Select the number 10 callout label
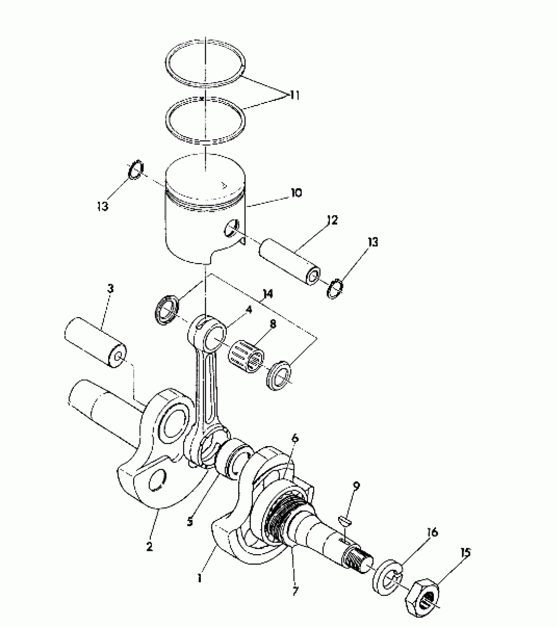(x=296, y=193)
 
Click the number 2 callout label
(x=149, y=546)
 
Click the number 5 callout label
(x=189, y=521)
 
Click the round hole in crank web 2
(x=157, y=481)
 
